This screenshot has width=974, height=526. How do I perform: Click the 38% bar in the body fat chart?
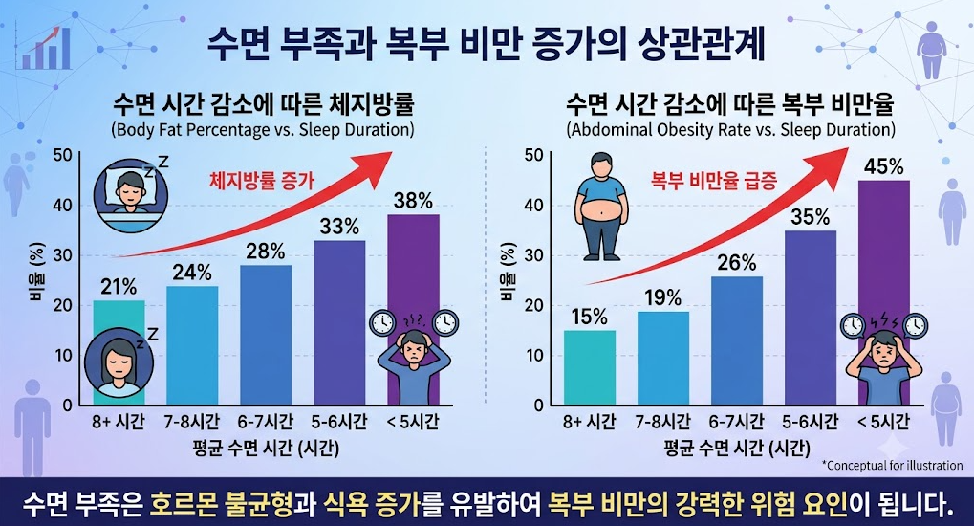[413, 310]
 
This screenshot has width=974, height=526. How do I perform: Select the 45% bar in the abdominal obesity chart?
[883, 293]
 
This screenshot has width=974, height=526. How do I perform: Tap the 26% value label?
[737, 263]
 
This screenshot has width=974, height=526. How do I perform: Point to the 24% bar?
[192, 345]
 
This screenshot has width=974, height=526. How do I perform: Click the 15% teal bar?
[590, 367]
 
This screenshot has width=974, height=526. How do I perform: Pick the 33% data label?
[339, 227]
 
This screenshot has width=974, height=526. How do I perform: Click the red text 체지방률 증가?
[262, 181]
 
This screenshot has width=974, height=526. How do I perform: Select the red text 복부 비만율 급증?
[714, 181]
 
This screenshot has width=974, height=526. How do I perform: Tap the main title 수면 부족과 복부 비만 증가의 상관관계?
[486, 45]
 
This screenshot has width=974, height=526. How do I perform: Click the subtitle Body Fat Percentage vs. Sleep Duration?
[262, 130]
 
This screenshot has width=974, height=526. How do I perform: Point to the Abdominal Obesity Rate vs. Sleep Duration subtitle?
[731, 130]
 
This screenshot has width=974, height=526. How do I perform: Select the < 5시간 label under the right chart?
[883, 422]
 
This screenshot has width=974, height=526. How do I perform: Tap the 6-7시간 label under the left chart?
[265, 422]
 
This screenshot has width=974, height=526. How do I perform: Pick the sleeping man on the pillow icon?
[131, 193]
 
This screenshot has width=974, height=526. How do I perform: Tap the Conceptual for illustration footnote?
[893, 465]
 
